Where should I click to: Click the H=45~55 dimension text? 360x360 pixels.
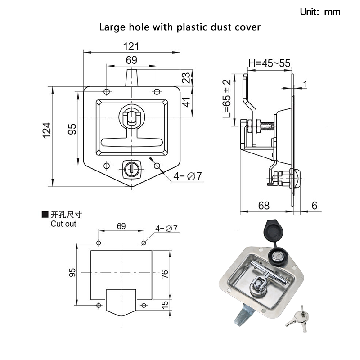[268, 63]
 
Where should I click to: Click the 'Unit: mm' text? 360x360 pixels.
[320, 12]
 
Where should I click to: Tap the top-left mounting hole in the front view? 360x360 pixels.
[106, 92]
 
